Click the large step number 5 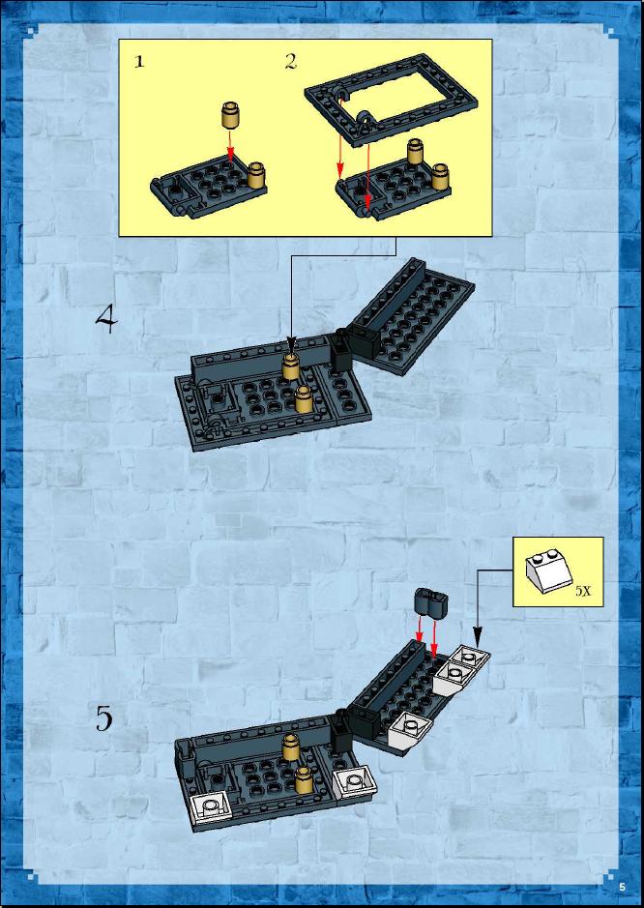(x=104, y=719)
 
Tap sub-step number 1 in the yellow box (x=139, y=62)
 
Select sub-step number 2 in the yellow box (x=290, y=62)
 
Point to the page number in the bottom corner (x=622, y=887)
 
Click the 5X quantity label (x=584, y=591)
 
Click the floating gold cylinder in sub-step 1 (x=230, y=115)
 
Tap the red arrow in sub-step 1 (x=230, y=145)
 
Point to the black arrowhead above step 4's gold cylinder (x=291, y=347)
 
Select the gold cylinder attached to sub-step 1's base (x=256, y=175)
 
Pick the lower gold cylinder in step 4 (x=304, y=399)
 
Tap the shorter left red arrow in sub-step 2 (x=340, y=158)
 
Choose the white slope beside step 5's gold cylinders (x=355, y=783)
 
